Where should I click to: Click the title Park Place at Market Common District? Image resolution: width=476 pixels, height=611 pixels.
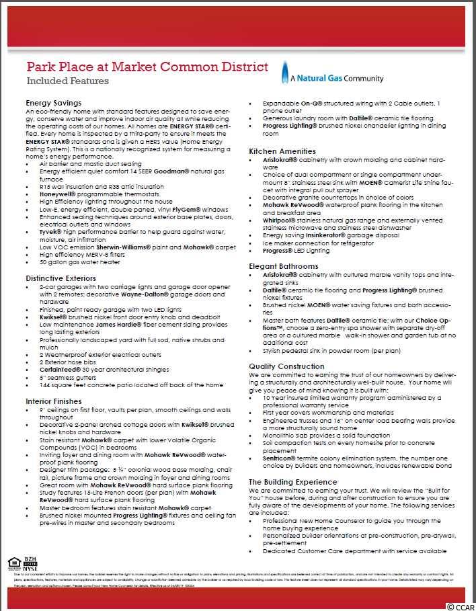[147, 67]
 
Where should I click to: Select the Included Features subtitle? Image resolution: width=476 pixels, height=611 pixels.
[67, 81]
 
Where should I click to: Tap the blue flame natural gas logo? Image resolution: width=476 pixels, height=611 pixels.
[285, 71]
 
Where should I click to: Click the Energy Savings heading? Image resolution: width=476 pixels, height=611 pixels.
[53, 103]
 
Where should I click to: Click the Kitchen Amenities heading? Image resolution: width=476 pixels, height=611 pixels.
[282, 151]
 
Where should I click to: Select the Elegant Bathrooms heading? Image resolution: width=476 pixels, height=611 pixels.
[284, 266]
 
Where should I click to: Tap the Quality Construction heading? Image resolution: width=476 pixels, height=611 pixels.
[286, 366]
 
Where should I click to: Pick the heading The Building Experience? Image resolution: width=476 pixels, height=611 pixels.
[293, 482]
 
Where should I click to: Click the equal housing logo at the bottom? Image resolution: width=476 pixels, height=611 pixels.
[13, 562]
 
